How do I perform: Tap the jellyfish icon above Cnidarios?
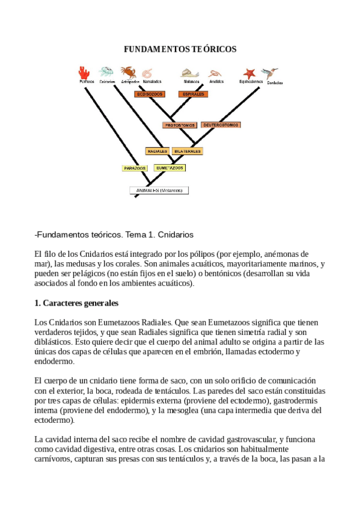106,71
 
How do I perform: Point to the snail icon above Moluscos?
191,73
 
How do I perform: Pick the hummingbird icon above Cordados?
272,73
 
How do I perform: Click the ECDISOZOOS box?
150,94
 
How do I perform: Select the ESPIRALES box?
194,94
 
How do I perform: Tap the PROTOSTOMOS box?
179,125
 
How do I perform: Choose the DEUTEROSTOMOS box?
220,125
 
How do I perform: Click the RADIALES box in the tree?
157,151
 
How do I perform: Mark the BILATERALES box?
188,151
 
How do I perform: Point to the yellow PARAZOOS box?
135,168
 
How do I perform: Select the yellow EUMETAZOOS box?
169,168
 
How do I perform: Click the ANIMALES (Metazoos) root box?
159,191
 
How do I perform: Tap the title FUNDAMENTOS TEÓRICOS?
180,49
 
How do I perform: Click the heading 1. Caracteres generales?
76,303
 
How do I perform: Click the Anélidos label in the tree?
216,81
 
